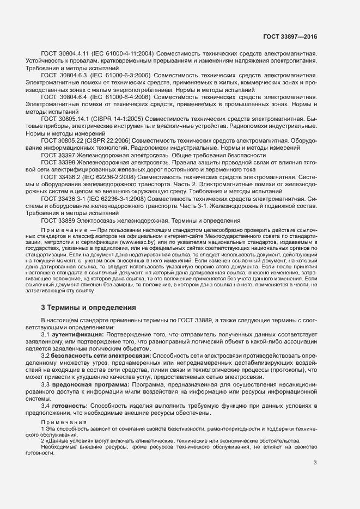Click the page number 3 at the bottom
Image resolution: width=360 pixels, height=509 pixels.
click(315, 463)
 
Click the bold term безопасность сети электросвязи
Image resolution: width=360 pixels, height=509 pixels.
click(101, 355)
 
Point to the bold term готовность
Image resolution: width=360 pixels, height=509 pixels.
click(70, 406)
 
